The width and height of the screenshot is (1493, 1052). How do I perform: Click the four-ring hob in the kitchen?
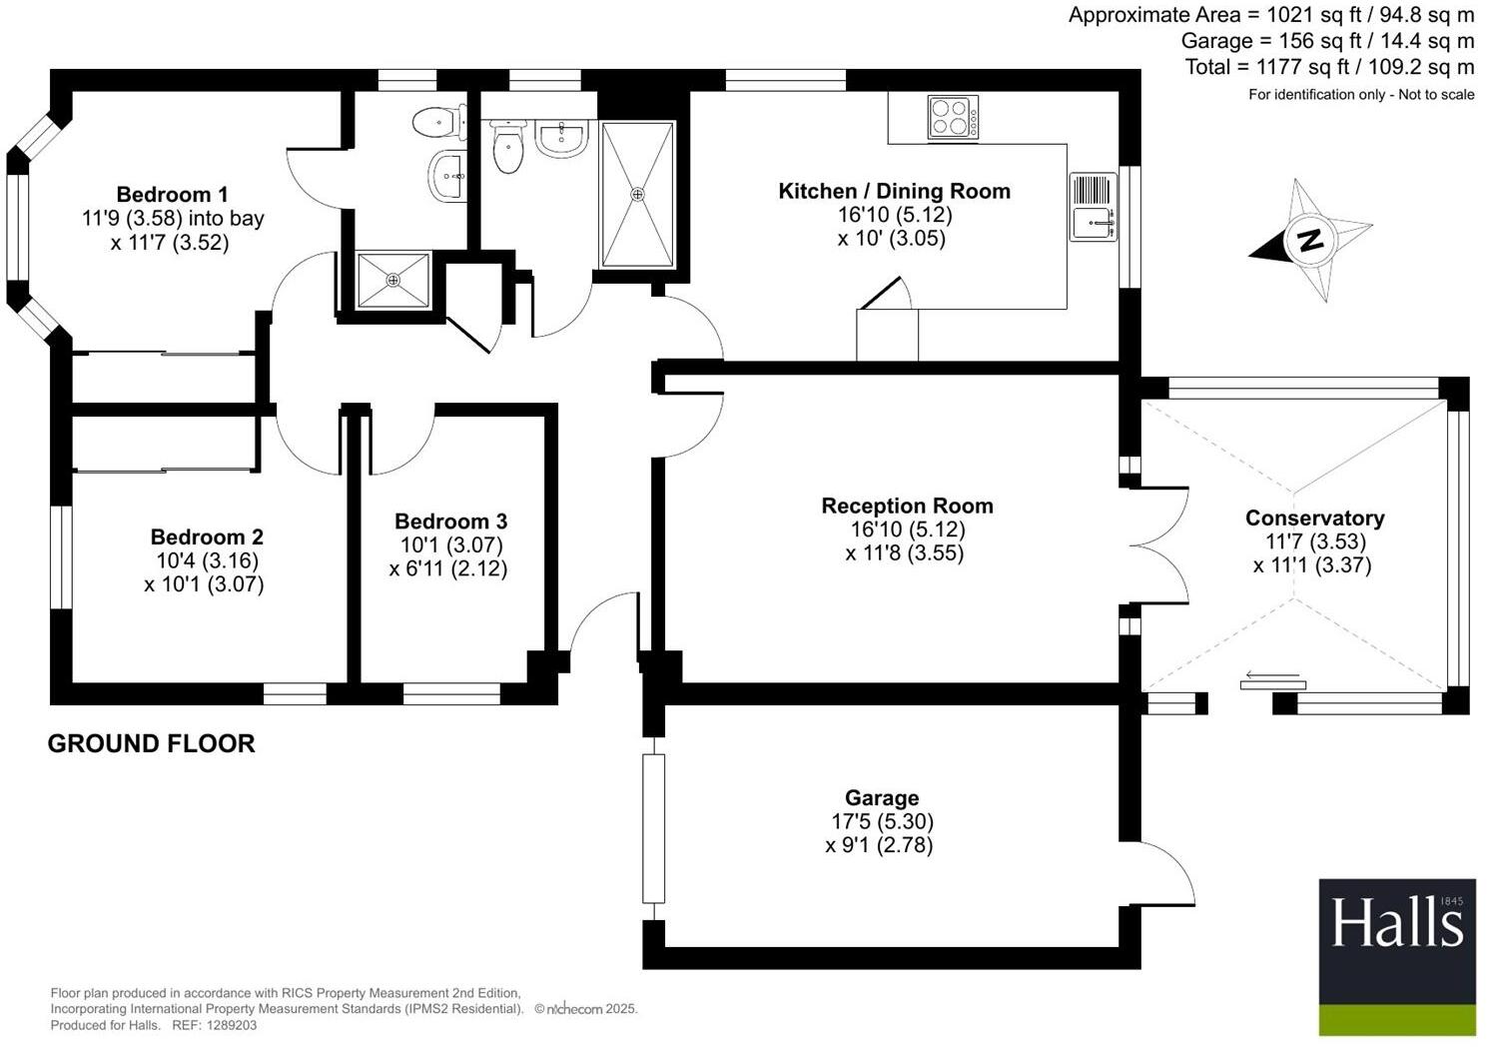pos(953,116)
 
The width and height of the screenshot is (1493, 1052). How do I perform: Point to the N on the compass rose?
pos(1309,240)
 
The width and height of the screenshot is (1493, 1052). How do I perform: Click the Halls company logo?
pos(1396,956)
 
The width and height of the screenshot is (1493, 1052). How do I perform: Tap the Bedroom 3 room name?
pos(450,522)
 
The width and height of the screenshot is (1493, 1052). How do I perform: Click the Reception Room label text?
pos(907,507)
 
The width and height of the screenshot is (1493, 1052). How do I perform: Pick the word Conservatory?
pos(1314,519)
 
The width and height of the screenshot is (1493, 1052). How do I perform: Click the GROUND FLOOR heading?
pos(152,743)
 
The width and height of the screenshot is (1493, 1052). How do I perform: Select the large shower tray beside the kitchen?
pos(638,194)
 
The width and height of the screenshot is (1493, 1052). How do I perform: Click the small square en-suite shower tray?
pos(393,280)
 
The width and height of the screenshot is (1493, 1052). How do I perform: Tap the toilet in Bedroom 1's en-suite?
pos(438,123)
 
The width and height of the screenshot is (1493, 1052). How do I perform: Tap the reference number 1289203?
pos(229,1025)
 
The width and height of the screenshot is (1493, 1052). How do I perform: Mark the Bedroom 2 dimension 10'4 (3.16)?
pos(205,561)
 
